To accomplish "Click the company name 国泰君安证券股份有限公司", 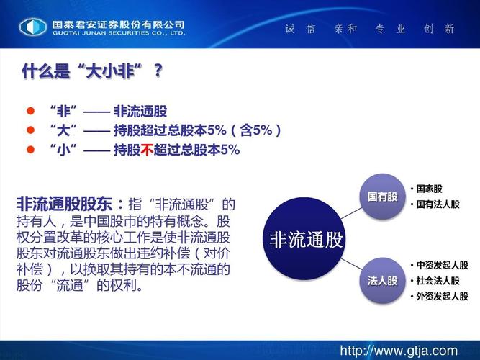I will pyautogui.click(x=118, y=22).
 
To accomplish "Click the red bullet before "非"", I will pyautogui.click(x=30, y=112).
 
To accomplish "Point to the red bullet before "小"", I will pyautogui.click(x=30, y=150).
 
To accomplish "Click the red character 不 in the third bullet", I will pyautogui.click(x=148, y=150).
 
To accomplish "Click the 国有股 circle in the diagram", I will pyautogui.click(x=382, y=196).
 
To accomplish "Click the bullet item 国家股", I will pyautogui.click(x=430, y=189).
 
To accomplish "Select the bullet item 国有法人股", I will pyautogui.click(x=438, y=204).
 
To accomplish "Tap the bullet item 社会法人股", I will pyautogui.click(x=438, y=280).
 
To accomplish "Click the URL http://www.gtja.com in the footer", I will pyautogui.click(x=399, y=350).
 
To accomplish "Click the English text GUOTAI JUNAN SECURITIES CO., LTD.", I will pyautogui.click(x=118, y=33).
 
